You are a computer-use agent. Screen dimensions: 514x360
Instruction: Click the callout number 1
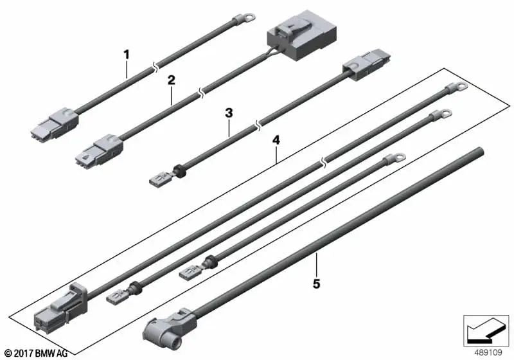coord(127,55)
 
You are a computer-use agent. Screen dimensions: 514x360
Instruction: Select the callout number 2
coord(172,80)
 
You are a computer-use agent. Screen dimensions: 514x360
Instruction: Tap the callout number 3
coord(229,113)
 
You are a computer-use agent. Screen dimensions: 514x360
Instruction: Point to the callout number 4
coord(276,140)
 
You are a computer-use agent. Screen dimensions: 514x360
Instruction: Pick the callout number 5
coord(316,284)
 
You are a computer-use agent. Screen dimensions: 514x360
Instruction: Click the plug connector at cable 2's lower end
coord(100,150)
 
